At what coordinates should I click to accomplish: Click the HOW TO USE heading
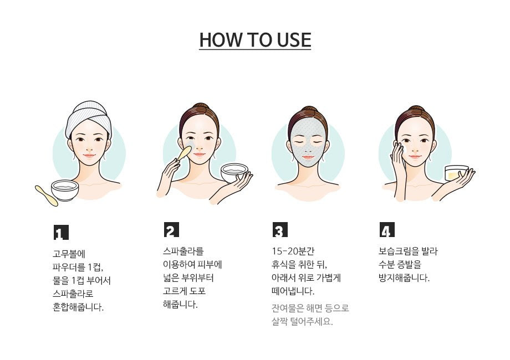tap(255, 40)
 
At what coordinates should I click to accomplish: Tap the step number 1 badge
tap(61, 232)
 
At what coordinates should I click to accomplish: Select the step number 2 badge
tap(171, 230)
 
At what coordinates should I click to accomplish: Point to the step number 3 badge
tap(280, 230)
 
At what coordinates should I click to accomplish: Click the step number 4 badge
tap(387, 230)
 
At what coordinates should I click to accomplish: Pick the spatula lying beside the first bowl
tap(46, 196)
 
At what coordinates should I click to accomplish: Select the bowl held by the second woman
tap(234, 173)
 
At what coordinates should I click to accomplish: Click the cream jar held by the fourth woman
tap(456, 173)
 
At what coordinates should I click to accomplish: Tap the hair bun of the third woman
tap(307, 110)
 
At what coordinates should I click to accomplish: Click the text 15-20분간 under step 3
tap(293, 251)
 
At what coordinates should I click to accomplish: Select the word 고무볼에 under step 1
tap(69, 254)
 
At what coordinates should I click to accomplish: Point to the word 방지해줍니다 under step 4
tap(404, 278)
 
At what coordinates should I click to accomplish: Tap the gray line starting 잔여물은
tap(310, 308)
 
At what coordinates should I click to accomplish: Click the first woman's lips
tap(89, 155)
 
